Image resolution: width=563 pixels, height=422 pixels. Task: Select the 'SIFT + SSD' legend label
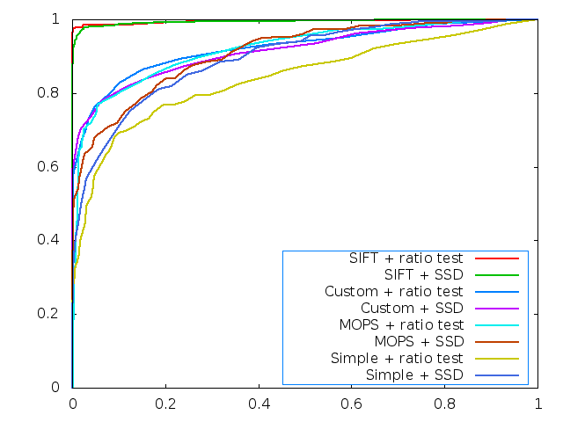coord(423,275)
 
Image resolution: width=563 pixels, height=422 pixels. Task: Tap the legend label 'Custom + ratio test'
coord(393,292)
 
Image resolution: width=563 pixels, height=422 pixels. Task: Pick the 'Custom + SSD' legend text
coord(412,309)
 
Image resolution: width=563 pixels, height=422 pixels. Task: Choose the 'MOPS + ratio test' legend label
coord(399,325)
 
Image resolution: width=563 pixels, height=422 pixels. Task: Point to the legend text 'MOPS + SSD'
coord(418,341)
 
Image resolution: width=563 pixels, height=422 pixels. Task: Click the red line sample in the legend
coord(495,259)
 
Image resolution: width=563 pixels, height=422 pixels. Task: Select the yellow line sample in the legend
coord(495,359)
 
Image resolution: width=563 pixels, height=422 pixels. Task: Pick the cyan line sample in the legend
coord(495,325)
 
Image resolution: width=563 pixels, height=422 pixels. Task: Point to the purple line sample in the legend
coord(495,309)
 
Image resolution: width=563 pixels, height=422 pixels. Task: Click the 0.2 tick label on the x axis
coord(165,404)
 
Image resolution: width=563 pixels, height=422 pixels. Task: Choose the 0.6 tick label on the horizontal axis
coord(352,404)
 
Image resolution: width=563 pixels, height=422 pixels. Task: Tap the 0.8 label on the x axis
coord(445,404)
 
